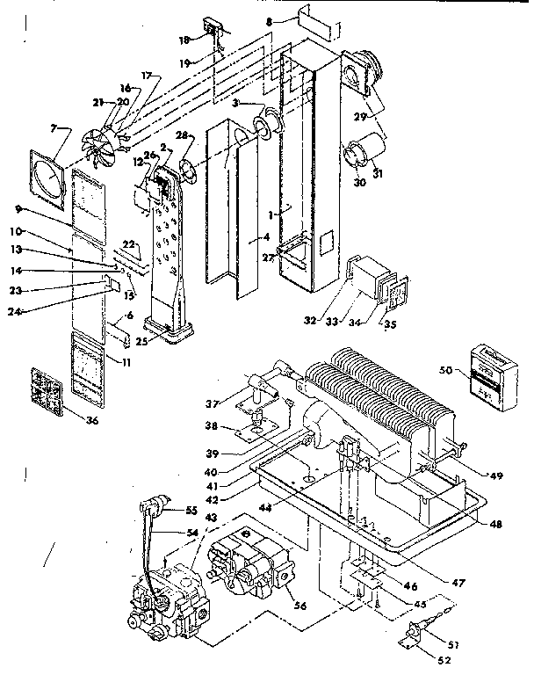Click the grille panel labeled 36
(48, 388)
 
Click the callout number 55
(192, 510)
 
